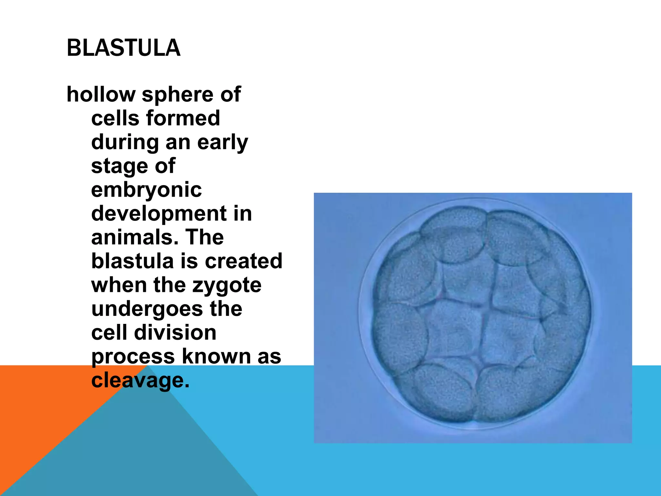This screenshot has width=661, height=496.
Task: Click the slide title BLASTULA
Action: tap(123, 48)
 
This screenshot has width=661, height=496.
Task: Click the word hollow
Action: tap(101, 94)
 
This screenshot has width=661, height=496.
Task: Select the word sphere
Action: tap(178, 95)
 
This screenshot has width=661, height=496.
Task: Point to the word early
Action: tap(222, 142)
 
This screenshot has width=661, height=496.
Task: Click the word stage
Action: tap(119, 167)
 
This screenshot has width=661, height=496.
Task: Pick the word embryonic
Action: tap(146, 190)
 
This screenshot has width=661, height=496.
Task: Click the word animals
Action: tap(135, 237)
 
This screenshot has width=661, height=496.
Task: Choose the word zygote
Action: tap(227, 285)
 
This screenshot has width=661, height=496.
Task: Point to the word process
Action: tap(133, 357)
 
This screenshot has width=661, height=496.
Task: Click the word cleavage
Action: tap(140, 380)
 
